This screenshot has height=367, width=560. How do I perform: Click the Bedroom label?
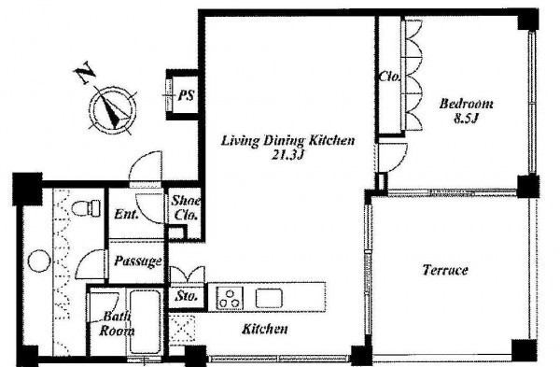coord(466,104)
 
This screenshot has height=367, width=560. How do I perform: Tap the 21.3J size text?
coord(287,155)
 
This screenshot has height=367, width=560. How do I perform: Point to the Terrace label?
coord(445,270)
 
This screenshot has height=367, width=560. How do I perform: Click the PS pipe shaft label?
coord(187,95)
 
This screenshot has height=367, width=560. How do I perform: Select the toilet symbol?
coord(86,207)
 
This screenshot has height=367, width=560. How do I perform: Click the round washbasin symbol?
coord(38,261)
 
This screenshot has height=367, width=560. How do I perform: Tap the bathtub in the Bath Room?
coord(145,321)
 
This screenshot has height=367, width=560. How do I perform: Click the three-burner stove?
coord(230,298)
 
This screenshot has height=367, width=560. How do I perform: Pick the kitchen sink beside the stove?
coord(269,299)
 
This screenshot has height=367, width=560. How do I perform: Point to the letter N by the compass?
coord(85,73)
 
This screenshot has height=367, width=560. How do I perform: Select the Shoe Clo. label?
coord(185,207)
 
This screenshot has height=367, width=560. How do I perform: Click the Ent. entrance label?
coord(126,215)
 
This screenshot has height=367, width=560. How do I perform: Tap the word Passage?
coord(138,261)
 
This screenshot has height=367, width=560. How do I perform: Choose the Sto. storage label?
coord(187,296)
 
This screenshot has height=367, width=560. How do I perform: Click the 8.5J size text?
coord(466,118)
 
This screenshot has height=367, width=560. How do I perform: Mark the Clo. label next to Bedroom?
coord(389,77)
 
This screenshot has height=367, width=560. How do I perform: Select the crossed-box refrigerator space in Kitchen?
coord(182,329)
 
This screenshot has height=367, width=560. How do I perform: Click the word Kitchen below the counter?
coord(265,329)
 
